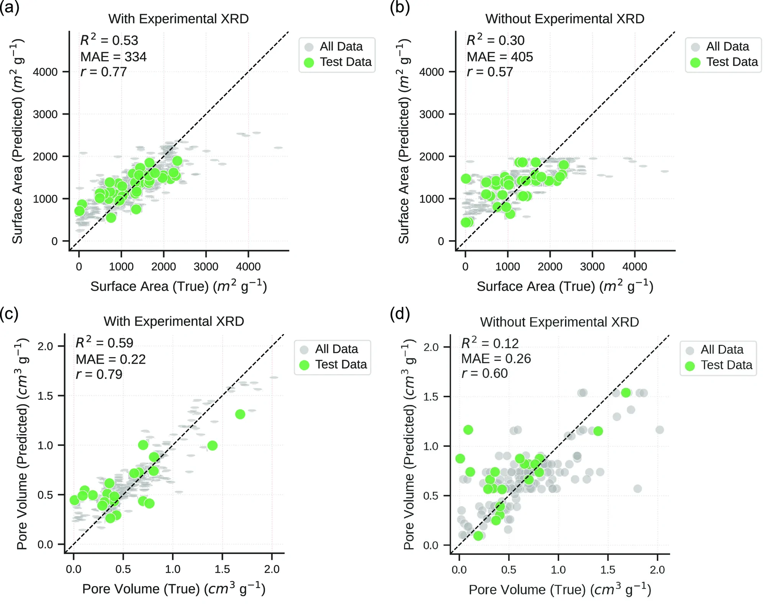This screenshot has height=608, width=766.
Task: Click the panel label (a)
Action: pyautogui.click(x=10, y=7)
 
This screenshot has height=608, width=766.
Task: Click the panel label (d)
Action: pyautogui.click(x=400, y=314)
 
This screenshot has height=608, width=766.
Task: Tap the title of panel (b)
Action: pyautogui.click(x=565, y=19)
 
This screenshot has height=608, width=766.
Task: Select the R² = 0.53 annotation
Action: pyautogui.click(x=109, y=40)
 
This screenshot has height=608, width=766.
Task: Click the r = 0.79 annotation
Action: pyautogui.click(x=99, y=374)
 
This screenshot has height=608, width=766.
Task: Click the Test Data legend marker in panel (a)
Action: pyautogui.click(x=309, y=62)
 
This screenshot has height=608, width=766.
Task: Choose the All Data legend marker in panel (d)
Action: pyautogui.click(x=690, y=351)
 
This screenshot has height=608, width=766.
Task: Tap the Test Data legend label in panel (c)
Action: pyautogui.click(x=341, y=364)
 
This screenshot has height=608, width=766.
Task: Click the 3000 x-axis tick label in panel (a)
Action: pyautogui.click(x=206, y=267)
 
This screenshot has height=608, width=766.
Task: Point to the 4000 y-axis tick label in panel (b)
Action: pyautogui.click(x=432, y=72)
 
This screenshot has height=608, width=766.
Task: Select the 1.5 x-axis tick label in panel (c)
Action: pyautogui.click(x=222, y=569)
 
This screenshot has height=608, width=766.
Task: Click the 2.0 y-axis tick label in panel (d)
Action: pyautogui.click(x=431, y=347)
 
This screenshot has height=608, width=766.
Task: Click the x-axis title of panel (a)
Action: pyautogui.click(x=178, y=286)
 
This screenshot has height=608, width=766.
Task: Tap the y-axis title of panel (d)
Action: pyautogui.click(x=409, y=444)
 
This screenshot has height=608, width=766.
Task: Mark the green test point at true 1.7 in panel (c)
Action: pyautogui.click(x=240, y=414)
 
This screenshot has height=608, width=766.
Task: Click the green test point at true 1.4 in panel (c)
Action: pyautogui.click(x=213, y=446)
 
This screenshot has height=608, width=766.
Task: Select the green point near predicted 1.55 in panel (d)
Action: pyautogui.click(x=626, y=393)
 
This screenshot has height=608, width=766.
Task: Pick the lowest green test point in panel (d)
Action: pyautogui.click(x=478, y=536)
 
